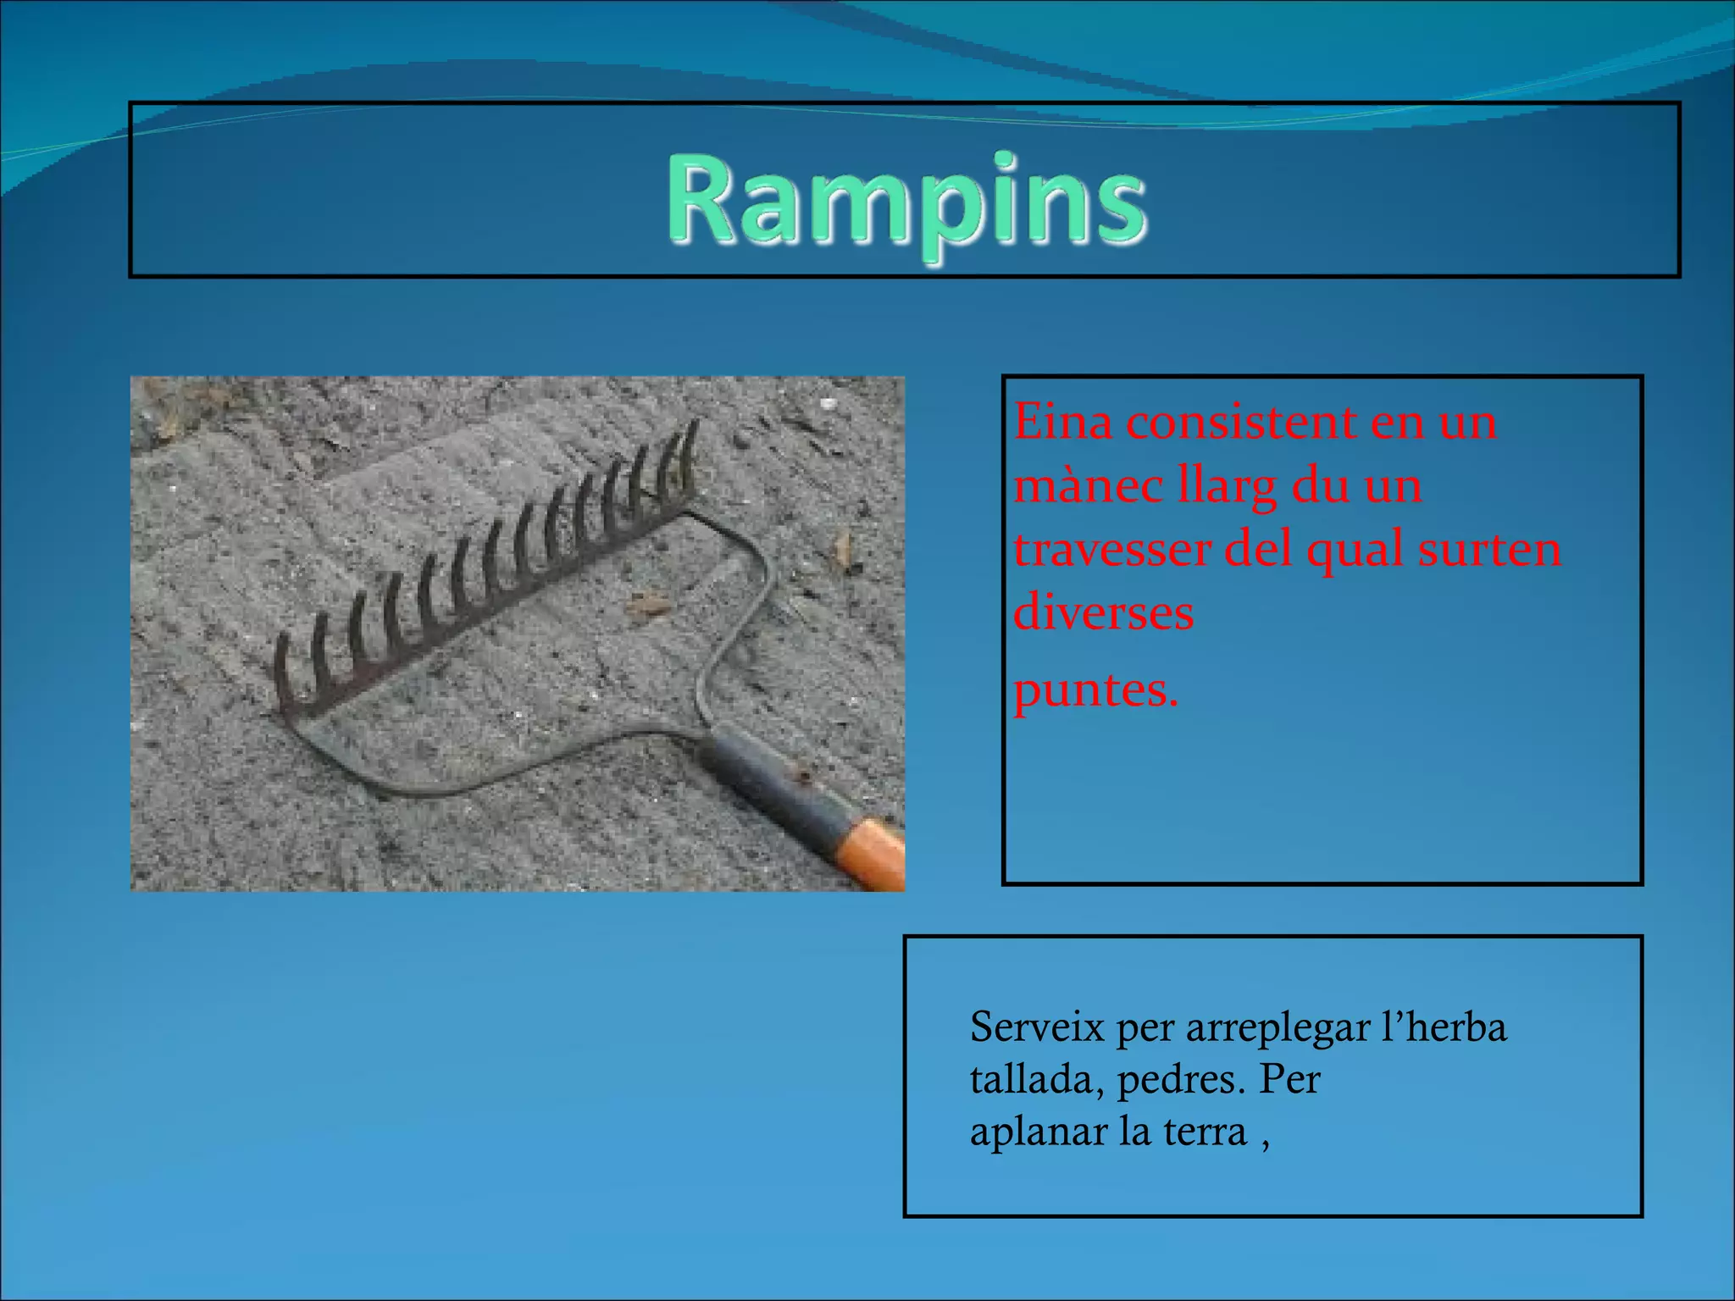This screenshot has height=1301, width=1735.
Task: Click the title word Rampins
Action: [906, 203]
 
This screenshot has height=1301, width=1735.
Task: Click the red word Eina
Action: [1062, 421]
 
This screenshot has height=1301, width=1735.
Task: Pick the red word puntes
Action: [1095, 689]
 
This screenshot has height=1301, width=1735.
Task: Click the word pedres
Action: [1181, 1080]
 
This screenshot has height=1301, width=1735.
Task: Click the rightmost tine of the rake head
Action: [690, 453]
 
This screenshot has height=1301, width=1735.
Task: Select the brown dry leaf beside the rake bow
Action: [647, 605]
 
